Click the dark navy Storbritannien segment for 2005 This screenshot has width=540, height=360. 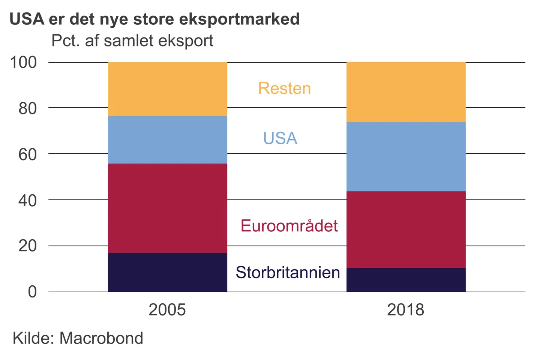tap(167, 272)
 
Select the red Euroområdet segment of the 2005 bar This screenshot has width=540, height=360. tap(167, 208)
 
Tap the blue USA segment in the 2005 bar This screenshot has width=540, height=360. tap(167, 139)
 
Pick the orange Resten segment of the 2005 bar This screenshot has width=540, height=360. tap(167, 89)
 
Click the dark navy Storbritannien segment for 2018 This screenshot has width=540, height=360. tap(406, 280)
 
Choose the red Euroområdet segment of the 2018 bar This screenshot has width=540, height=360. tap(406, 229)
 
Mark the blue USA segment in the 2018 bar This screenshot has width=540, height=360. tap(406, 156)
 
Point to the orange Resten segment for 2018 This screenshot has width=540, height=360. tap(406, 92)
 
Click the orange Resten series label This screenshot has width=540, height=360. tap(285, 88)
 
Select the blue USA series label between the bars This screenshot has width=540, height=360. tap(280, 138)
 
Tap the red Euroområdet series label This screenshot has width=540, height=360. tap(289, 226)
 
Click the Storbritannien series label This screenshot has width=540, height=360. tap(288, 273)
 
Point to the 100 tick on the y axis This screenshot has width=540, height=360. tap(24, 62)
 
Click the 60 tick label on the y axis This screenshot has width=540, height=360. tap(28, 154)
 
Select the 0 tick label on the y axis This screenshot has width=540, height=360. tap(33, 292)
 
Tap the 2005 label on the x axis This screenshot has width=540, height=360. tap(167, 310)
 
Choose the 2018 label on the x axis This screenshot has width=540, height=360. tap(406, 310)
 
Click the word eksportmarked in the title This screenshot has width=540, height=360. tap(240, 19)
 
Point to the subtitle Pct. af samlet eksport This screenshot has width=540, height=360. tap(132, 41)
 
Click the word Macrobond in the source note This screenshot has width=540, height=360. tap(101, 338)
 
